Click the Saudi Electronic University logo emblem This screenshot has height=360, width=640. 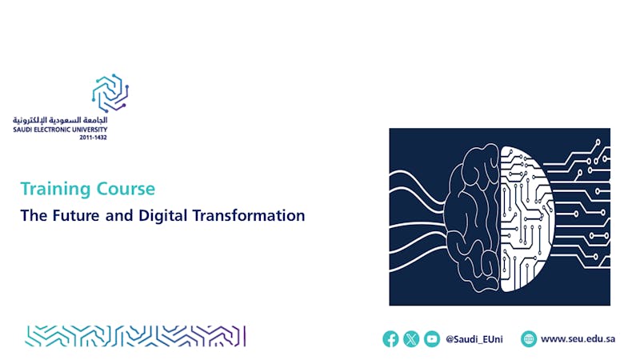(x=110, y=93)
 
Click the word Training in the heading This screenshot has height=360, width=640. (x=56, y=190)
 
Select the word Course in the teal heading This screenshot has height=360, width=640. (x=126, y=189)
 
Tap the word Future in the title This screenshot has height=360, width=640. (x=76, y=215)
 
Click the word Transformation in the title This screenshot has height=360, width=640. (x=249, y=215)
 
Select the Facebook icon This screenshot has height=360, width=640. (x=390, y=338)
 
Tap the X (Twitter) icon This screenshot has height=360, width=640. (x=411, y=338)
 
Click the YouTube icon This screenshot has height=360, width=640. (x=432, y=338)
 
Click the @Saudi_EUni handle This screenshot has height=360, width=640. (x=474, y=339)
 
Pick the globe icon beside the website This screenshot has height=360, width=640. (x=529, y=338)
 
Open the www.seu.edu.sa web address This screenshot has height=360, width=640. (x=578, y=338)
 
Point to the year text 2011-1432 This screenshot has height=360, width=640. (x=93, y=138)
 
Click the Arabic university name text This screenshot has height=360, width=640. (x=60, y=120)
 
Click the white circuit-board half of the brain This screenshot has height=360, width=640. (x=526, y=218)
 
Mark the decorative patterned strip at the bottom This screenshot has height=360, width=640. (x=135, y=336)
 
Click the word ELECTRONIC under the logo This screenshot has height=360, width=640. (x=51, y=130)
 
